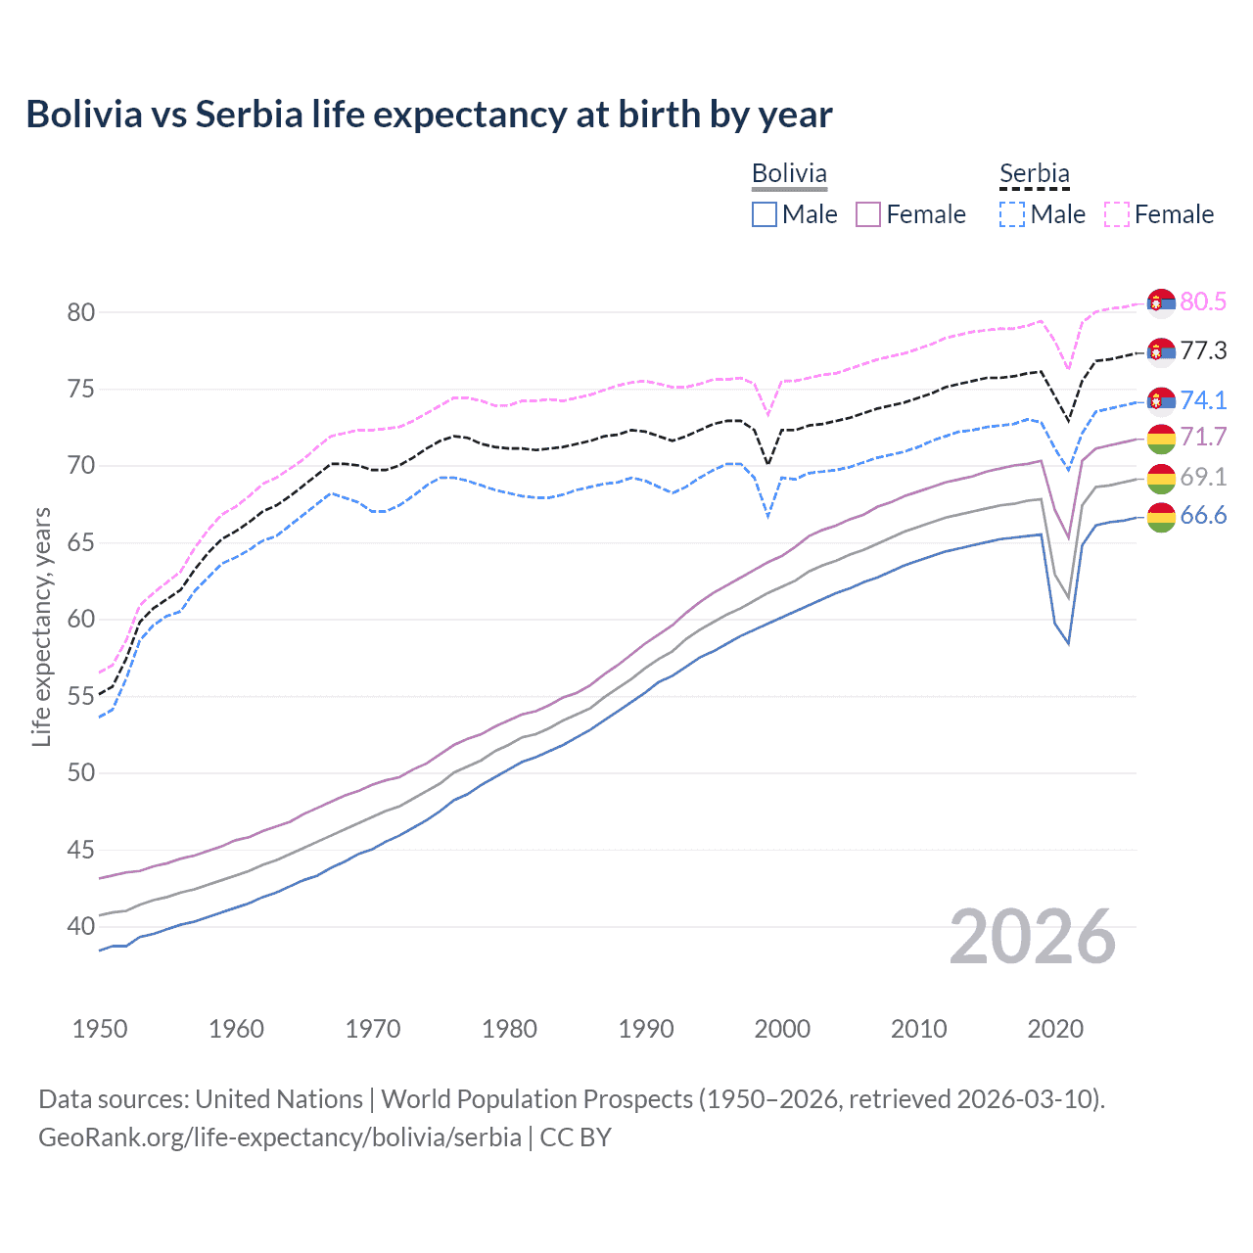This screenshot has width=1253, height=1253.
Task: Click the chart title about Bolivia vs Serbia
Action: point(429,115)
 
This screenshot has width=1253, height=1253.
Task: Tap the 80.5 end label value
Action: point(1203,302)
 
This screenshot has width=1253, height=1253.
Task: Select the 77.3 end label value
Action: point(1203,350)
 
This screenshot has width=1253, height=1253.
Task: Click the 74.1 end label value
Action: point(1203,399)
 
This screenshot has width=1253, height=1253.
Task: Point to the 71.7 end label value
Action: point(1203,437)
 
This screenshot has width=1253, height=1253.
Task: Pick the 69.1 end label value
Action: point(1203,477)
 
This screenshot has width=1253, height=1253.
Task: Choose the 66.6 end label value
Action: point(1203,516)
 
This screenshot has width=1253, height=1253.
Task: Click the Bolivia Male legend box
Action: point(765,214)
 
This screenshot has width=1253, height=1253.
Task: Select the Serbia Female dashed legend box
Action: point(1117,214)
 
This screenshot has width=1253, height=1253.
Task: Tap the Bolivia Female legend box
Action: point(868,214)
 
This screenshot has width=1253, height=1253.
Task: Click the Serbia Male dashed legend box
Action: point(1012,214)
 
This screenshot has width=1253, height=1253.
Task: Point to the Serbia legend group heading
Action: point(1035,173)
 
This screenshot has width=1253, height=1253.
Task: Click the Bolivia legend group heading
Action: point(789,173)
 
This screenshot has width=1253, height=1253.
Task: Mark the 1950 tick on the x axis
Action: point(100,1029)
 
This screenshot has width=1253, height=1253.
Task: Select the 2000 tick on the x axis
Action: point(782,1029)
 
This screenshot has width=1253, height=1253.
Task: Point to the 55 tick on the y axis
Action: point(80,696)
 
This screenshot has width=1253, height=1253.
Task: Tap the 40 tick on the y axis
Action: point(80,926)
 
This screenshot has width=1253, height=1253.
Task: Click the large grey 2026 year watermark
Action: point(1033,937)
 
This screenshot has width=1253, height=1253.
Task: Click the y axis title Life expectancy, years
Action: point(41,626)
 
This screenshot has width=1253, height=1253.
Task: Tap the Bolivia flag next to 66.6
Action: point(1161,518)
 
